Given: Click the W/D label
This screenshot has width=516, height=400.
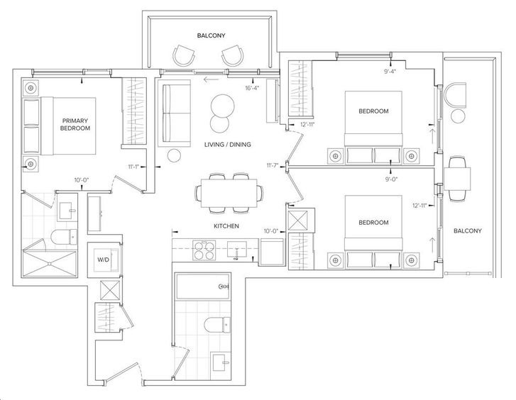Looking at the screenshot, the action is click(x=103, y=260).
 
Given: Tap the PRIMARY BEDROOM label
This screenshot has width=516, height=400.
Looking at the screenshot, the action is click(x=75, y=124).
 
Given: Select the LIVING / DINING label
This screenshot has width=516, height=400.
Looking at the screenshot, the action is click(x=227, y=145).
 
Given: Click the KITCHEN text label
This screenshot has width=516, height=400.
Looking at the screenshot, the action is click(x=226, y=226).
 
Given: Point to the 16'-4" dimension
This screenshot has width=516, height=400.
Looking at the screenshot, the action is click(x=253, y=88).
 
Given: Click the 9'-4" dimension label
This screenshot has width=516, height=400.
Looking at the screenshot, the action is click(x=390, y=71).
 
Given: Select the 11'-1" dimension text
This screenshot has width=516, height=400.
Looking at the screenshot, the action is click(x=134, y=167).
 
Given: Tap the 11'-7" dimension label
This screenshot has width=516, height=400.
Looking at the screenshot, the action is click(x=273, y=165).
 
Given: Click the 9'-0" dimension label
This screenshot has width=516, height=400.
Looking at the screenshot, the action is click(x=390, y=179).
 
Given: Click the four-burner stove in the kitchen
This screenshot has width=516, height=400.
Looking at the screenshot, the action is click(x=204, y=250).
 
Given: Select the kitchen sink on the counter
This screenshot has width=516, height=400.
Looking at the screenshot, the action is click(x=237, y=250).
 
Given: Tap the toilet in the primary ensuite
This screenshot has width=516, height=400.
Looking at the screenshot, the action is click(x=64, y=237).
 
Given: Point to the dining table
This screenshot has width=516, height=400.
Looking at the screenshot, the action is click(x=229, y=193).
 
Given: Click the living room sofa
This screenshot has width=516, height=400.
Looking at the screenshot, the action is click(x=175, y=113).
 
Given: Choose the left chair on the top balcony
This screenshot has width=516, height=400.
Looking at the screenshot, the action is click(x=184, y=55).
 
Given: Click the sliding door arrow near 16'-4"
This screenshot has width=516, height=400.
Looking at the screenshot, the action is click(x=211, y=79).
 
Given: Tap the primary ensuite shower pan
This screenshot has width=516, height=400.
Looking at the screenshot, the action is click(x=50, y=264).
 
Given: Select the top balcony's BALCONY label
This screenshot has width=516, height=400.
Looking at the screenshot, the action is click(x=212, y=35).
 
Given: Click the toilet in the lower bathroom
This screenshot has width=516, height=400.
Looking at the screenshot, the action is click(x=217, y=325).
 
